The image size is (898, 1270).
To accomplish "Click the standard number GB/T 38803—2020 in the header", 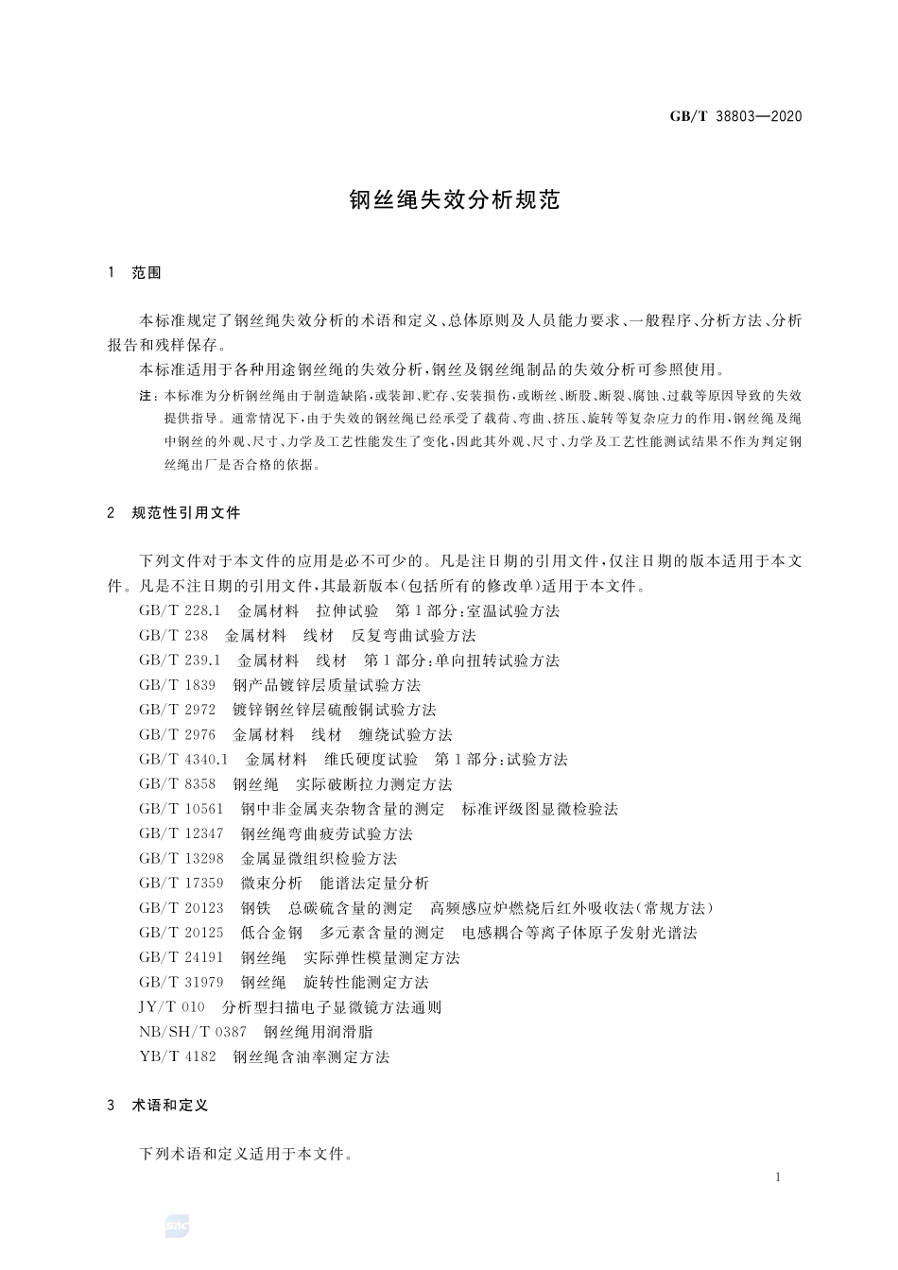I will (x=735, y=117).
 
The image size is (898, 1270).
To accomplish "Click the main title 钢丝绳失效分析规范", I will (x=455, y=199).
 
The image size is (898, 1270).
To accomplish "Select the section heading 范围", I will (x=147, y=273).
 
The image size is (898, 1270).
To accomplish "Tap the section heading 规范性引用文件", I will (x=186, y=513).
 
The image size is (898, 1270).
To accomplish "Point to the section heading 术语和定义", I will (x=169, y=1105).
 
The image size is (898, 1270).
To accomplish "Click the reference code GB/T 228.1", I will (x=179, y=611).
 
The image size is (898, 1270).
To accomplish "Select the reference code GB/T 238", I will (x=173, y=636).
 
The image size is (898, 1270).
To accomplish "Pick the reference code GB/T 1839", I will (x=177, y=685).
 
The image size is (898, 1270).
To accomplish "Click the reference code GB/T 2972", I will (x=177, y=710).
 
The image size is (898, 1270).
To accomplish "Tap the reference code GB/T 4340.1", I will (x=183, y=760).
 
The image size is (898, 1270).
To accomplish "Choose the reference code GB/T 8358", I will (x=177, y=784).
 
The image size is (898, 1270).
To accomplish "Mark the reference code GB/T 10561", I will (x=181, y=809).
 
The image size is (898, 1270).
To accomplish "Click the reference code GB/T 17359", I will (x=181, y=884).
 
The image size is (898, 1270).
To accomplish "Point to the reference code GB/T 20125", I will (x=181, y=933).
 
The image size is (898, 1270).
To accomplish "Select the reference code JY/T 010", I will (x=171, y=1007).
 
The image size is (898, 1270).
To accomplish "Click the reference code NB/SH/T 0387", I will (x=192, y=1032).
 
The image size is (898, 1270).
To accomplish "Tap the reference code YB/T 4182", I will (x=177, y=1057).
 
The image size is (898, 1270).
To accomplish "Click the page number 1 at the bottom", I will (x=777, y=1177).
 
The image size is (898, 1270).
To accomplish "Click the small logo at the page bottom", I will (x=177, y=1226).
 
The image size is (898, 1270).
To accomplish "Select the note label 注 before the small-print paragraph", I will (x=147, y=396).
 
